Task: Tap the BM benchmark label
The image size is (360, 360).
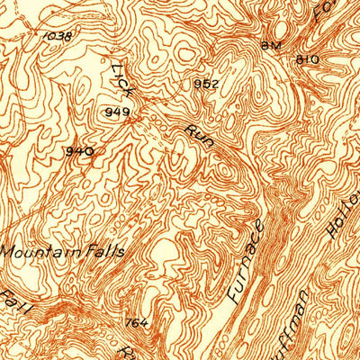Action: (271, 45)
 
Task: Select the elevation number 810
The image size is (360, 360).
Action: (308, 58)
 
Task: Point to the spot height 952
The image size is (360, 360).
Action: (205, 84)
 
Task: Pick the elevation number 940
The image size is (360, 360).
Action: (79, 151)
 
